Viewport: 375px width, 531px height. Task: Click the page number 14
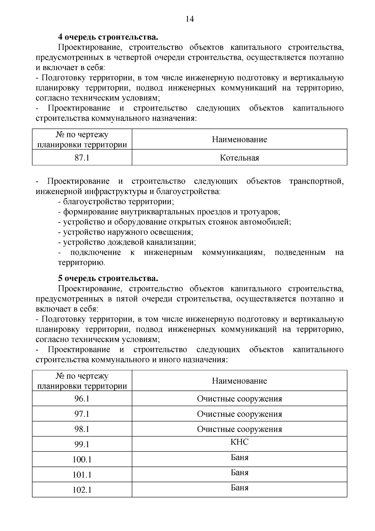point(190,19)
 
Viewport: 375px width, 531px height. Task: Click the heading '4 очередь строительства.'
point(108,37)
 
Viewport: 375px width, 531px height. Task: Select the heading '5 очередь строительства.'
point(108,278)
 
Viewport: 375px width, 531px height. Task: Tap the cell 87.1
point(82,157)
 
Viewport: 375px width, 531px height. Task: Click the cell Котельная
point(239,157)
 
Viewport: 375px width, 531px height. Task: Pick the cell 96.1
point(82,399)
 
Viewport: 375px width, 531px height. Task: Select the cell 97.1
point(82,414)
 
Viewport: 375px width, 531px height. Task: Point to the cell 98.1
point(82,429)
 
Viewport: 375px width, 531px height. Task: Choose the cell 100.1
point(82,459)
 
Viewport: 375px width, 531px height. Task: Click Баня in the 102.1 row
point(239,488)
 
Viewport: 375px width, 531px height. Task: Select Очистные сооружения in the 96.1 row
point(239,399)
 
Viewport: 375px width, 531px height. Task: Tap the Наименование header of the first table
point(239,139)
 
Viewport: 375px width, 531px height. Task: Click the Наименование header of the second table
point(239,380)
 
